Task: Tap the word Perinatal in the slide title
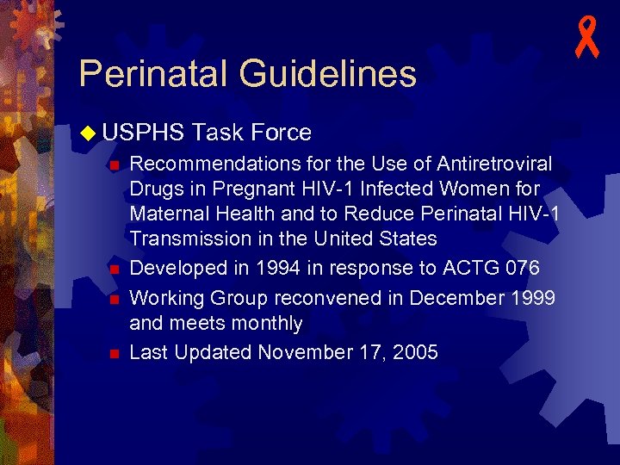click(x=153, y=74)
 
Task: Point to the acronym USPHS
click(x=143, y=133)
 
